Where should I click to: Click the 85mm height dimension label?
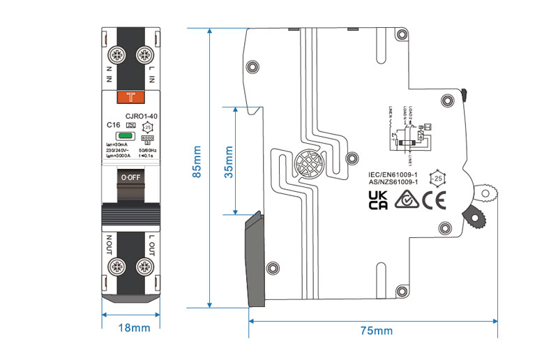(197, 168)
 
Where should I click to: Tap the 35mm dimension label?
(229, 161)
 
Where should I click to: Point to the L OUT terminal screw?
(144, 267)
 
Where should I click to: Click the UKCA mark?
(377, 200)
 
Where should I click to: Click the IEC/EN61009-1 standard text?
(393, 174)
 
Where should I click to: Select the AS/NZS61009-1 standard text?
(393, 182)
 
